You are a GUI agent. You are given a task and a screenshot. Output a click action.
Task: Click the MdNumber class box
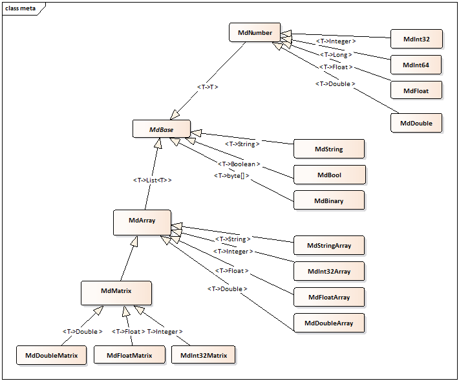(x=255, y=32)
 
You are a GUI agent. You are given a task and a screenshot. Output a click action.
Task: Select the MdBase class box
(x=161, y=129)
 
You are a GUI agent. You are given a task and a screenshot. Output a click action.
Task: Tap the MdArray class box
(x=142, y=221)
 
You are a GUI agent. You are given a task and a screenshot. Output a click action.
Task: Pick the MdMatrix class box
(x=116, y=292)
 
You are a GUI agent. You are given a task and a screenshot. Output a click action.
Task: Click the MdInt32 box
(x=416, y=39)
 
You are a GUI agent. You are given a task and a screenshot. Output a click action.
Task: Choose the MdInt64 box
(x=416, y=65)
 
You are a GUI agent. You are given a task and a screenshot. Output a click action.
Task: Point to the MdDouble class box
(x=416, y=123)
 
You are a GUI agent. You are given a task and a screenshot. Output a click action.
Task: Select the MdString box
(x=328, y=149)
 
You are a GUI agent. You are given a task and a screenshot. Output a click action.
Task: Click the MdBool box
(x=329, y=175)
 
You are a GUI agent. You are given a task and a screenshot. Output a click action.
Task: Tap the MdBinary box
(x=328, y=201)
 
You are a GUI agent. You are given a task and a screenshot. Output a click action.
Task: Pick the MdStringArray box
(x=328, y=245)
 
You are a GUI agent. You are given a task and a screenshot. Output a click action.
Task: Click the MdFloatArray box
(x=328, y=297)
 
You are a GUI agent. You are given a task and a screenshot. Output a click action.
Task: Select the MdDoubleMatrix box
(x=51, y=355)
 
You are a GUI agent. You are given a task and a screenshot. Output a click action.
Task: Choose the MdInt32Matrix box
(x=203, y=355)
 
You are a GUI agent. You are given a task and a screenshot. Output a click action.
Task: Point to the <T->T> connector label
(x=207, y=86)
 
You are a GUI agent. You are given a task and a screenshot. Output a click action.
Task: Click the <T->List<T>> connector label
(x=152, y=180)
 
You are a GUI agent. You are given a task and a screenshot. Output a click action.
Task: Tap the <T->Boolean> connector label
(x=235, y=164)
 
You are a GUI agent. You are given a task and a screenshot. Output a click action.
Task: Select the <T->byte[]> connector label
(x=231, y=175)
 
